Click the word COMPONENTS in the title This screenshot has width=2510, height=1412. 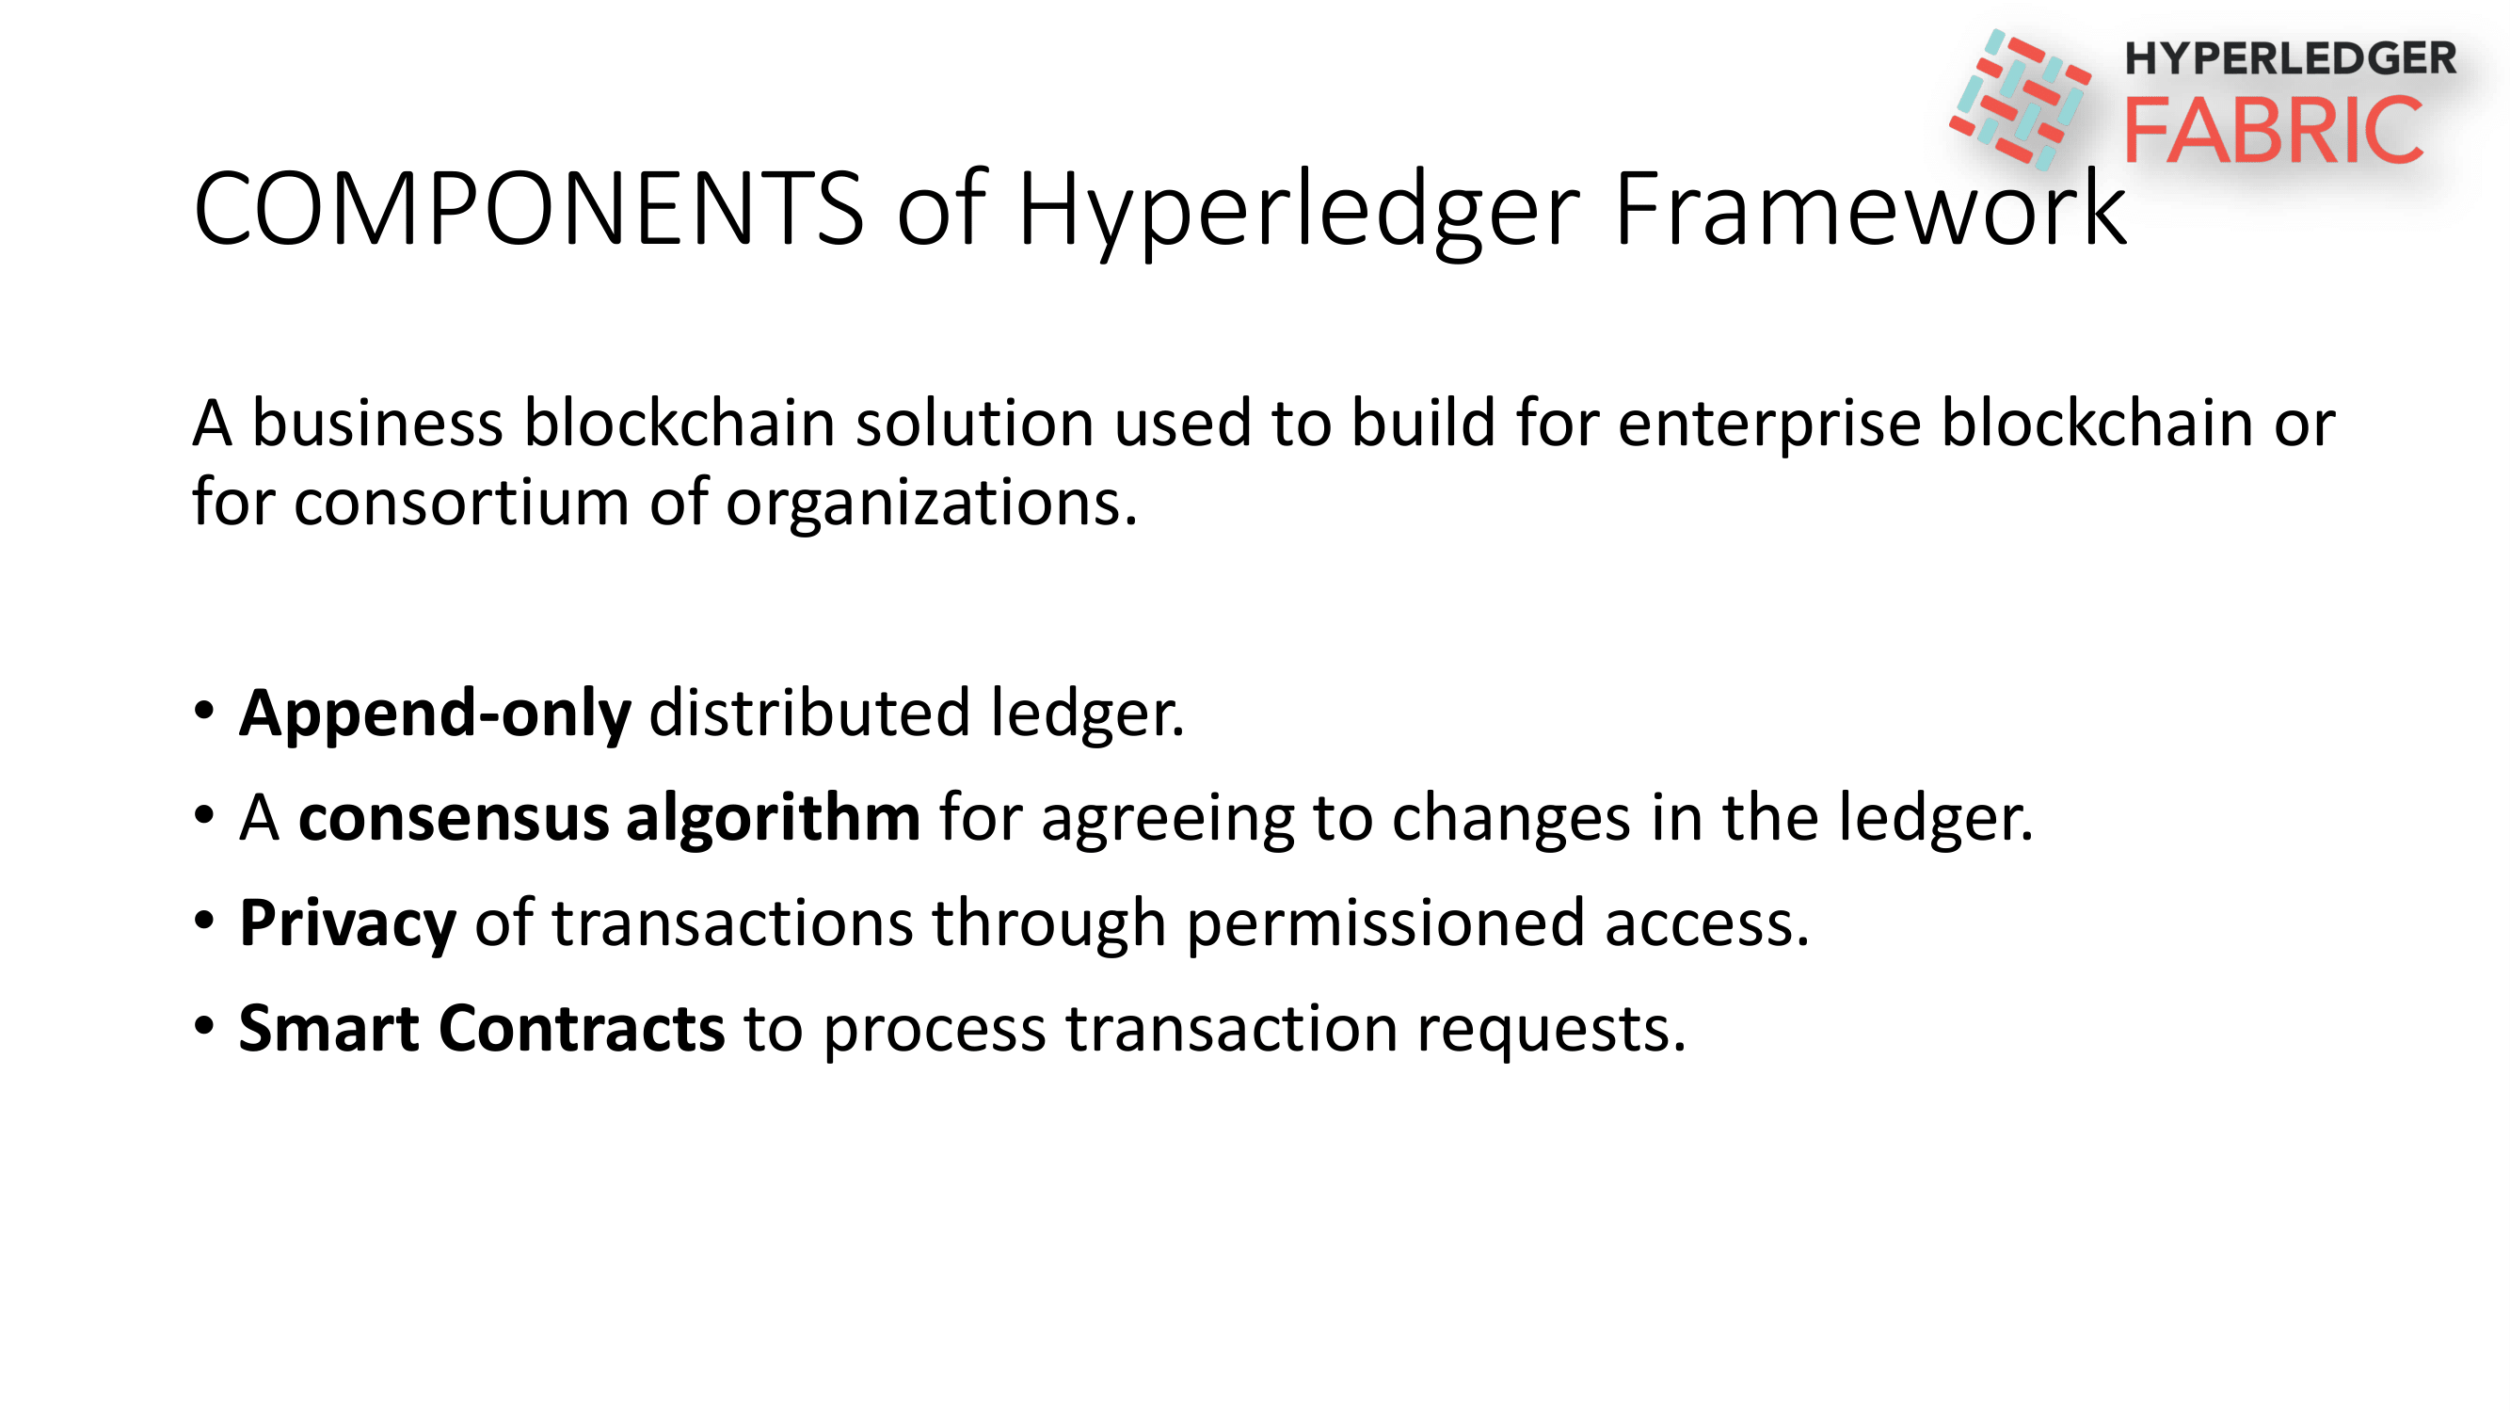pos(529,209)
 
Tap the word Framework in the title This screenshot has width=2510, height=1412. pos(1870,209)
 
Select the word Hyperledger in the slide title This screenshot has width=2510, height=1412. pos(1299,215)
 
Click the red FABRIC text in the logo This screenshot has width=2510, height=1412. pos(2273,130)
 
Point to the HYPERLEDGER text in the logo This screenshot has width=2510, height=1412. pos(2290,58)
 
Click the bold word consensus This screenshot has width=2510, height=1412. pos(454,819)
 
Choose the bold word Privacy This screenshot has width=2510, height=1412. pos(348,924)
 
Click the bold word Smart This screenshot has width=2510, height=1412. pos(329,1028)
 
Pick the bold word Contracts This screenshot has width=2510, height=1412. pos(582,1028)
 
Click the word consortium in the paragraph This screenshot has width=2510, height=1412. pos(462,504)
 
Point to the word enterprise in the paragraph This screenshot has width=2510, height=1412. pos(1769,425)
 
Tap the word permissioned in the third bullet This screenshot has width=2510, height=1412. pos(1385,924)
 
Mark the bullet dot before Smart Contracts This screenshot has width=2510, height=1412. pos(203,1025)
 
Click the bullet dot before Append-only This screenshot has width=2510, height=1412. pos(203,710)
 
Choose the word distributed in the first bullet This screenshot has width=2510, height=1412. pos(809,713)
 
